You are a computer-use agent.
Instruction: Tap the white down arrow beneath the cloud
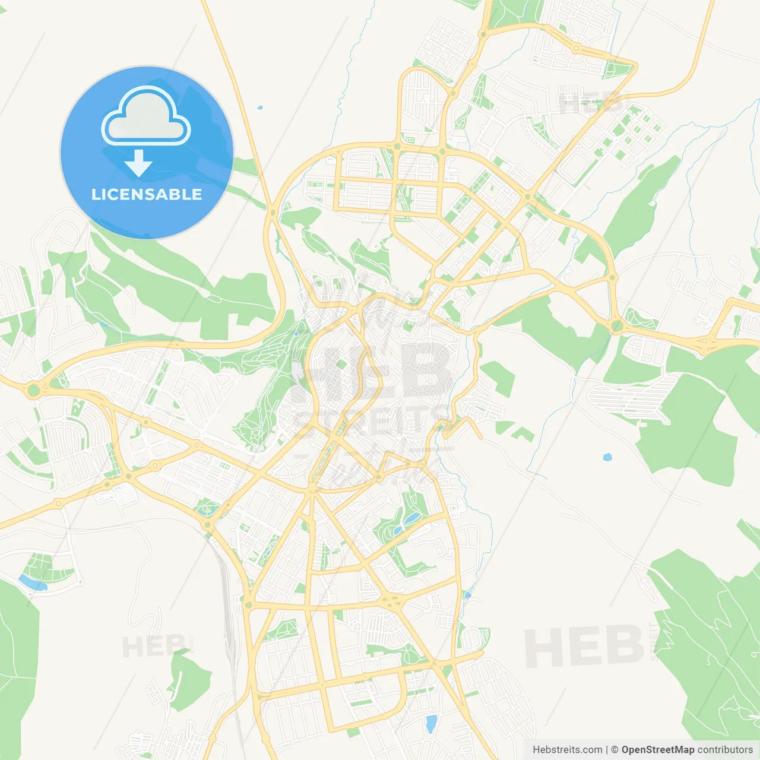coord(138,163)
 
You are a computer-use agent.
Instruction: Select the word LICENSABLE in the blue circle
coord(147,194)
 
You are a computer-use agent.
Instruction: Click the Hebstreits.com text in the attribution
coord(567,750)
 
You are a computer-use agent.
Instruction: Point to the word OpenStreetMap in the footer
coord(658,750)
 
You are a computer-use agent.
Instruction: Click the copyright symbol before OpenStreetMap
coord(615,750)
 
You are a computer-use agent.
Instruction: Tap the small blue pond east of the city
coord(606,457)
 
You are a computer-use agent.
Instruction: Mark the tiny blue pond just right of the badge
coord(259,108)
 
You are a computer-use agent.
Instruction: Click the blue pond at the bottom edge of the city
coord(431,723)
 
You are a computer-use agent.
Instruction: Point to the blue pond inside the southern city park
coord(411,520)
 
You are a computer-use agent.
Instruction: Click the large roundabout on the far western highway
coord(33,390)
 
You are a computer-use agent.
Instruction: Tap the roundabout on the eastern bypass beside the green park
coord(617,325)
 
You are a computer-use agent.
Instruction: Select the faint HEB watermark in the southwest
coord(153,646)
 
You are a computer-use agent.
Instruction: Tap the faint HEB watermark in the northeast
coord(588,102)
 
